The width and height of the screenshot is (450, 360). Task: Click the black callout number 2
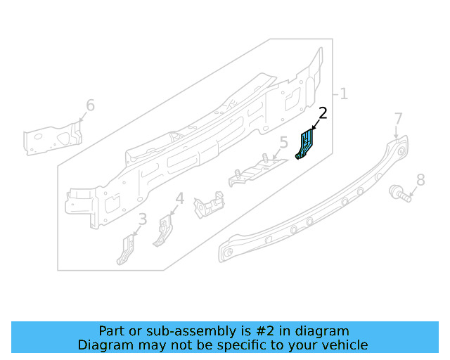(x=323, y=113)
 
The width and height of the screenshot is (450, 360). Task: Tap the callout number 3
(x=143, y=220)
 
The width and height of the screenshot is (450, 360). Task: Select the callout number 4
(x=180, y=199)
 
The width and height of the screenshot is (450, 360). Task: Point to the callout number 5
(x=283, y=144)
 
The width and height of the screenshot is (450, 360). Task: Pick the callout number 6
(x=90, y=105)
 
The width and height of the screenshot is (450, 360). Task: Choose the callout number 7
(x=398, y=118)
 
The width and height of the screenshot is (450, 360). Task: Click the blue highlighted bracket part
(x=306, y=143)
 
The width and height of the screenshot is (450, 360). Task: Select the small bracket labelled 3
(x=126, y=250)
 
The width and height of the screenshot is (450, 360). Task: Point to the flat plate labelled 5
(x=257, y=170)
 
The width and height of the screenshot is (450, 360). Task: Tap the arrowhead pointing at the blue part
(x=312, y=129)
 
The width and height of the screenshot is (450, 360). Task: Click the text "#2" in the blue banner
(x=261, y=330)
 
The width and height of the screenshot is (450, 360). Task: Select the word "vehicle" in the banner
(x=342, y=345)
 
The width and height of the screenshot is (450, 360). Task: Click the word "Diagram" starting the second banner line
(x=103, y=345)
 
